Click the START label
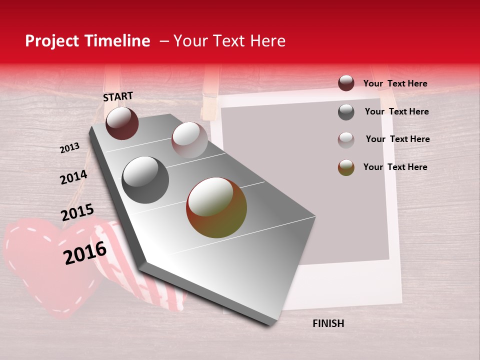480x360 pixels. pyautogui.click(x=118, y=96)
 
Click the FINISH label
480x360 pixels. pyautogui.click(x=328, y=323)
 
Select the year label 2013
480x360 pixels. pyautogui.click(x=69, y=148)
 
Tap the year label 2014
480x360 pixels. pyautogui.click(x=73, y=177)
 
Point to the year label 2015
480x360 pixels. pyautogui.click(x=77, y=212)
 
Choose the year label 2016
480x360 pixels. pyautogui.click(x=85, y=253)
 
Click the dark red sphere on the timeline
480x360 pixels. pyautogui.click(x=122, y=123)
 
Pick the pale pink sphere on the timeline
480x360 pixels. pyautogui.click(x=189, y=140)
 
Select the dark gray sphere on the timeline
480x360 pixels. pyautogui.click(x=145, y=180)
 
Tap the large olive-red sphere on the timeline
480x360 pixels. pyautogui.click(x=216, y=207)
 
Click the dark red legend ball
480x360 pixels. pyautogui.click(x=346, y=83)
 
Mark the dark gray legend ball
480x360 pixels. pyautogui.click(x=346, y=112)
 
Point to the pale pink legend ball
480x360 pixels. pyautogui.click(x=346, y=140)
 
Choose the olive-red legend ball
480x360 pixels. pyautogui.click(x=346, y=167)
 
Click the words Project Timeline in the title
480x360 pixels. pyautogui.click(x=87, y=41)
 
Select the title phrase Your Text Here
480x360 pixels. pyautogui.click(x=229, y=41)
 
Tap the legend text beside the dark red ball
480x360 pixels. pyautogui.click(x=395, y=83)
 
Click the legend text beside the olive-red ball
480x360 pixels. pyautogui.click(x=395, y=167)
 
